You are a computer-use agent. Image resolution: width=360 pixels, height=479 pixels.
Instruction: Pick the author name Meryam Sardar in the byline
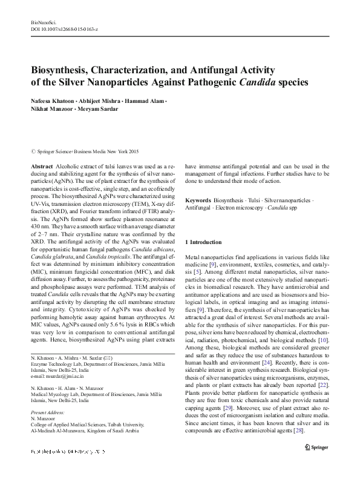tap(99, 109)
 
